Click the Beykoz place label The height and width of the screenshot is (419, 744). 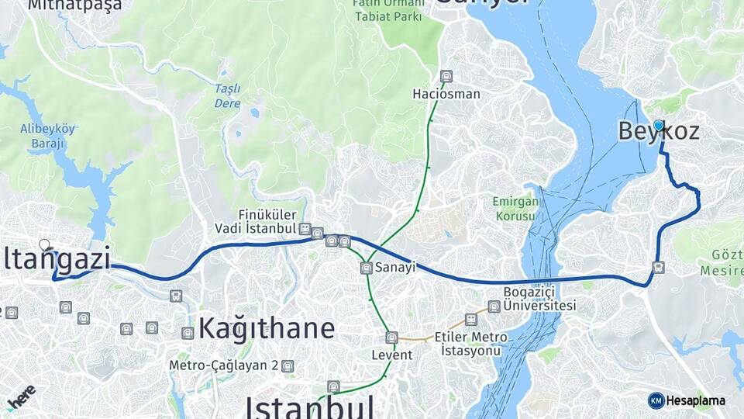tap(658, 132)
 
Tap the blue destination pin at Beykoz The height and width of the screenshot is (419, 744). tap(658, 125)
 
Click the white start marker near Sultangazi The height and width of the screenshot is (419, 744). tap(44, 244)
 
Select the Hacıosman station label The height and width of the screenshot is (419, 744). tap(446, 94)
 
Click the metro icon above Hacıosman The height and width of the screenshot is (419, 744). tap(446, 76)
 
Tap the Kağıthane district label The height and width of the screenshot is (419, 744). tap(267, 328)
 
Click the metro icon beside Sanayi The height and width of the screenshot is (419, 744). tap(366, 268)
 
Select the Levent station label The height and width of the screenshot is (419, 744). tap(391, 355)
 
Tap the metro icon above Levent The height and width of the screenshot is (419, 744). tap(391, 338)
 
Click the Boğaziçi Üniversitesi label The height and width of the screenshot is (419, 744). tap(539, 298)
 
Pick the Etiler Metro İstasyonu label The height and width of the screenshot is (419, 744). tap(471, 344)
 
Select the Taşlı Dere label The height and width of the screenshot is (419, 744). tap(228, 95)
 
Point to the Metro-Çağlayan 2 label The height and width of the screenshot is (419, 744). tap(224, 365)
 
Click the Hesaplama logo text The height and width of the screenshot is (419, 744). tap(696, 400)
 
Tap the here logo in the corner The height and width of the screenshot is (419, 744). tap(21, 396)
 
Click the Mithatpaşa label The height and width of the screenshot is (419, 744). tap(75, 5)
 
